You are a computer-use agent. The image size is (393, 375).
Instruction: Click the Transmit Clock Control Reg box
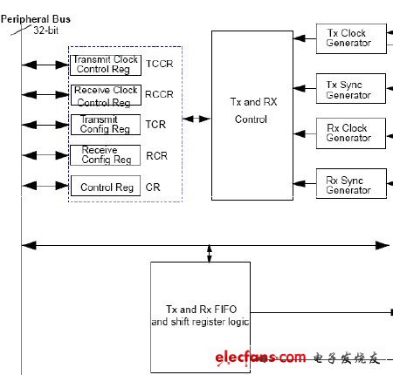106,65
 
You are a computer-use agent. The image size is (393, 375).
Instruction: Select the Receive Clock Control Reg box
107,95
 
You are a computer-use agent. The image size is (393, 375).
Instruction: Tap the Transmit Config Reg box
106,125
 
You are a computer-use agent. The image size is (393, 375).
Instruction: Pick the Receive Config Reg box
106,155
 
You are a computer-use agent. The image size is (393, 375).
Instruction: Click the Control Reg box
106,186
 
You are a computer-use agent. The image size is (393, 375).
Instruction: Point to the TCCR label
160,64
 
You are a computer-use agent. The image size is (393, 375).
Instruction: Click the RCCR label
159,94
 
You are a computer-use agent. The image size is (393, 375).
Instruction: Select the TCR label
155,125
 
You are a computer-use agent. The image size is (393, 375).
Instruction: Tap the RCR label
157,156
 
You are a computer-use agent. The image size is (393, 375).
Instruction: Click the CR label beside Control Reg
153,187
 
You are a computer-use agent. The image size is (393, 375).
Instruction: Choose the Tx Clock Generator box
351,38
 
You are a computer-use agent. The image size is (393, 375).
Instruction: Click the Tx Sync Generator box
351,89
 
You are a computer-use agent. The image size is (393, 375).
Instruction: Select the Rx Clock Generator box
351,133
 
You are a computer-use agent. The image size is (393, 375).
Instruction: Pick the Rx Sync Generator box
351,184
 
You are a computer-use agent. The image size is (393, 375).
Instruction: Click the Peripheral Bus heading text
36,19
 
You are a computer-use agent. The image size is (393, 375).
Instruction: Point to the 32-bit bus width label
46,31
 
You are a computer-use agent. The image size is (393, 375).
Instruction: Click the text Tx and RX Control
253,111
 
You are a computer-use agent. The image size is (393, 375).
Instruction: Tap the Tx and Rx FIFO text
202,310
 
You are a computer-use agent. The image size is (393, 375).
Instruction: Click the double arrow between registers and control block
196,119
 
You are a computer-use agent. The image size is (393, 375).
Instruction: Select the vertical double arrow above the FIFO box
210,254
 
